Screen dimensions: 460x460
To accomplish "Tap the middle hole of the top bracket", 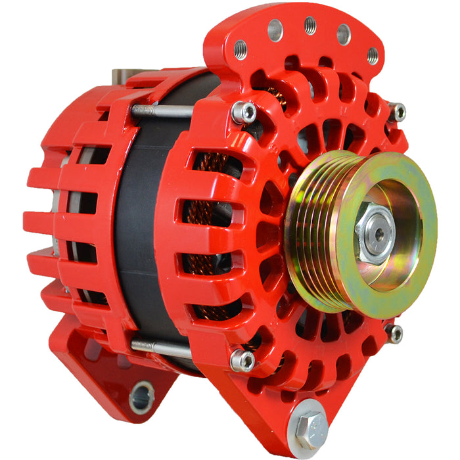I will click(x=310, y=26).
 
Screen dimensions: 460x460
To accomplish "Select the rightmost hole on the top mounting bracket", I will click(x=373, y=55).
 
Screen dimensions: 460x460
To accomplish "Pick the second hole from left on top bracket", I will click(x=275, y=30).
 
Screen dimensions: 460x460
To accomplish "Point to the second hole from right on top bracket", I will click(x=344, y=34).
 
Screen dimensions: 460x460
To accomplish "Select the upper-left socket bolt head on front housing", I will click(x=244, y=112).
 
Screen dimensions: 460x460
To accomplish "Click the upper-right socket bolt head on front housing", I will click(x=397, y=112).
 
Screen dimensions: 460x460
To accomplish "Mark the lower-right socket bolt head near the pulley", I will click(x=394, y=334).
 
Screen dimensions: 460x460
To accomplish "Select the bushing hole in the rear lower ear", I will click(x=141, y=397).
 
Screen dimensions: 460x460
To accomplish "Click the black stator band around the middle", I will click(x=141, y=230).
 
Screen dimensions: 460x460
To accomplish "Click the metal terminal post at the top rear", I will click(x=125, y=74).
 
